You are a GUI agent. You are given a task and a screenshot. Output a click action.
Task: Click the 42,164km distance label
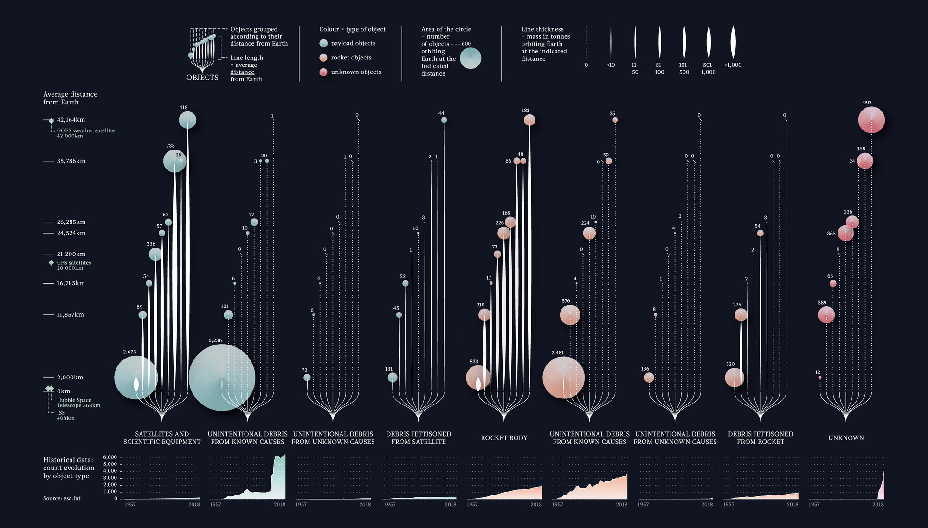coord(71,120)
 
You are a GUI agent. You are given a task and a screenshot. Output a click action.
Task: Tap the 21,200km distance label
coord(71,254)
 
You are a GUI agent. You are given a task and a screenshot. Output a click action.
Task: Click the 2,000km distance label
coord(70,378)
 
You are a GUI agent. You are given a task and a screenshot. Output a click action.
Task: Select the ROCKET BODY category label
coord(504,438)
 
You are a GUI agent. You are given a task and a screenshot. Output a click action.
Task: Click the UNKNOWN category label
coord(846,438)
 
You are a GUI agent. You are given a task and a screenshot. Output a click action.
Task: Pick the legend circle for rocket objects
coord(323,58)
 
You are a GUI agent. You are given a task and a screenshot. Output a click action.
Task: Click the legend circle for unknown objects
coord(323,72)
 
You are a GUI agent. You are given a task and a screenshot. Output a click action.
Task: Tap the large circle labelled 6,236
coord(222,378)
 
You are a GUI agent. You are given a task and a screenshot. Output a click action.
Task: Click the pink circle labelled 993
coord(871,120)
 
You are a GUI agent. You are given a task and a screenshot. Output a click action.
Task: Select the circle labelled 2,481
coord(563,378)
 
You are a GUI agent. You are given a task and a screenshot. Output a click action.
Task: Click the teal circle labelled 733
coord(174,161)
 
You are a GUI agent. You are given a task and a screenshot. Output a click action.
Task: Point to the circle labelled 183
coord(529,120)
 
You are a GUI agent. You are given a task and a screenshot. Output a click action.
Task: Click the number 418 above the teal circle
coord(183,108)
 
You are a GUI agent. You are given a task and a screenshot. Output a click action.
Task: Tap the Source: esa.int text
coord(62,498)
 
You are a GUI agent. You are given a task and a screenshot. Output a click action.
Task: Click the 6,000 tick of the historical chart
coord(110,457)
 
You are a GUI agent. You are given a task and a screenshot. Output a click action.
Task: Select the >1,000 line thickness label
coord(733,65)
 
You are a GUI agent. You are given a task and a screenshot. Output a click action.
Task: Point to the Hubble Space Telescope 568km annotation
coord(78,403)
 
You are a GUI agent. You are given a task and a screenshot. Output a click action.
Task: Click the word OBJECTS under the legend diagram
coord(202,78)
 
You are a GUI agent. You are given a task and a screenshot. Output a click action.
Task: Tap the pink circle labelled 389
coord(826,315)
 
